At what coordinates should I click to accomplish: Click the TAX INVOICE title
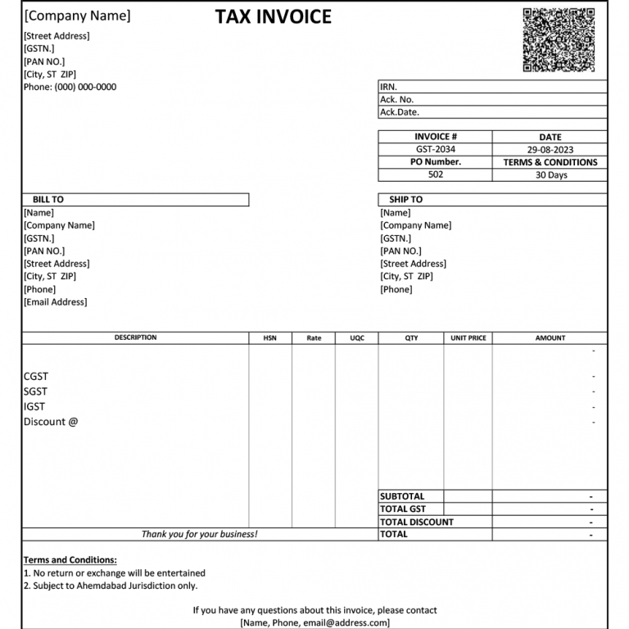point(274,16)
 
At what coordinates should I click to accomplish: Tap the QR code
point(559,40)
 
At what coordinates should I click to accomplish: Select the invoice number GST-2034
point(435,150)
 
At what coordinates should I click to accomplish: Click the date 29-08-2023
point(550,150)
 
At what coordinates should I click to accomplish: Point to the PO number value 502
point(435,174)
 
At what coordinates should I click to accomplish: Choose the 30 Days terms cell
point(550,174)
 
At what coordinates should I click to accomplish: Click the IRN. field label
point(388,87)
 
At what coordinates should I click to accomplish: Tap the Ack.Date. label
point(400,112)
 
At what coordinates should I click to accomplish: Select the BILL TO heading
point(48,200)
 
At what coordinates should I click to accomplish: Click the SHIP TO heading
point(405,200)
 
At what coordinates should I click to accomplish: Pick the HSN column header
point(269,338)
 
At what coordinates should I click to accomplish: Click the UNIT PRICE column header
point(468,338)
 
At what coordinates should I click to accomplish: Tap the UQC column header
point(357,338)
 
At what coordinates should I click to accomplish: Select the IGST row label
point(34,406)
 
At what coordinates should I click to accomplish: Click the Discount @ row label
point(51,422)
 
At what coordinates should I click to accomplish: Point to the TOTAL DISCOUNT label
point(416,522)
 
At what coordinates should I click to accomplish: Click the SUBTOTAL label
point(402,496)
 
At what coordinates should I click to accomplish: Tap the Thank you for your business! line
point(199,534)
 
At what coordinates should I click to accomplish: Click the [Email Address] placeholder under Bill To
point(56,302)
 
